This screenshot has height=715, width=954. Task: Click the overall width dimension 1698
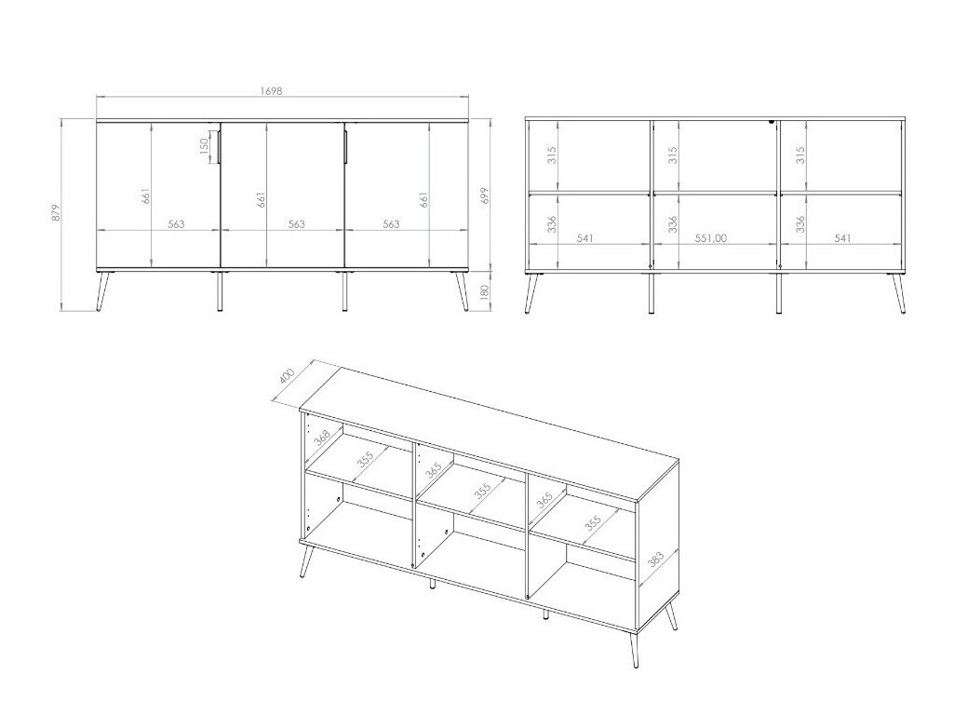coord(271,91)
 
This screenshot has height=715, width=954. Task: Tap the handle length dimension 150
coord(203,147)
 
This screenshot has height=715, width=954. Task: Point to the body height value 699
coord(482,196)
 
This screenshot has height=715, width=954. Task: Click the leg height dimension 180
coord(482,291)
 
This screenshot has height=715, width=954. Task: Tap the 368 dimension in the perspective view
coord(322,435)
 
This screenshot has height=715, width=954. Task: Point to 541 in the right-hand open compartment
coord(842,238)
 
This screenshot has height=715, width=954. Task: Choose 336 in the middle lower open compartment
coord(673,224)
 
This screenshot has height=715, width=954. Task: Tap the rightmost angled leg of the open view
coord(898,293)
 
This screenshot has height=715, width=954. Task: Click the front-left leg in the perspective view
coord(305,560)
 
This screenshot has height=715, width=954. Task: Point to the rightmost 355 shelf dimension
coord(593,526)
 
